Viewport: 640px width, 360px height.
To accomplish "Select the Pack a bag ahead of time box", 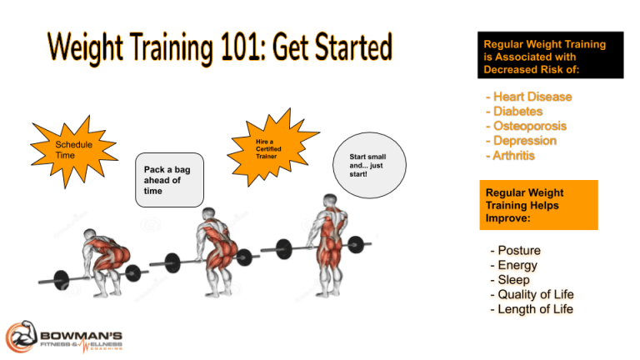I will point(168,179).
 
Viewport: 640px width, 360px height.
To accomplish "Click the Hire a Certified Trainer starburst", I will point(266,149).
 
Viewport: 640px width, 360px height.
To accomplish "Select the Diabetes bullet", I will point(517,112).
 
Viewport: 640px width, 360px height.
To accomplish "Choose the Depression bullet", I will point(524,141).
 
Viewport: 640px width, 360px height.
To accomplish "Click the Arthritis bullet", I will point(516,155).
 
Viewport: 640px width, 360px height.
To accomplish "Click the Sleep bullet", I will point(513,280).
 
